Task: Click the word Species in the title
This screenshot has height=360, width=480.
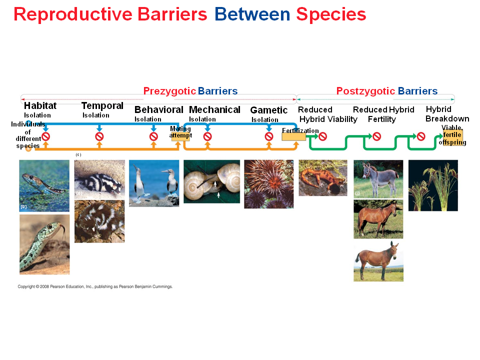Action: (x=330, y=14)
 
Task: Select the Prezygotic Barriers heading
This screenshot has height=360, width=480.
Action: (x=190, y=91)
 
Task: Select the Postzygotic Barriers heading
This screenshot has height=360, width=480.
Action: (x=386, y=91)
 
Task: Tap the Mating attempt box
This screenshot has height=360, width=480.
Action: (x=180, y=133)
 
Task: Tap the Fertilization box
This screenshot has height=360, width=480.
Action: (x=294, y=133)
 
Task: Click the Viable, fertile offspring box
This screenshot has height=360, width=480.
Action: (x=452, y=137)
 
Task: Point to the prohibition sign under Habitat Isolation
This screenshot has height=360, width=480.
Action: (x=45, y=136)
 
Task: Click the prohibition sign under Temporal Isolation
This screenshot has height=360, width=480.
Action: (x=99, y=136)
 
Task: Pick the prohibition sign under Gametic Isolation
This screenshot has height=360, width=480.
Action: (x=269, y=136)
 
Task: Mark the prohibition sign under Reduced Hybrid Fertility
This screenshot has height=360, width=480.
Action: (x=376, y=136)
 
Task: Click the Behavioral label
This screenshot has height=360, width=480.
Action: (x=158, y=110)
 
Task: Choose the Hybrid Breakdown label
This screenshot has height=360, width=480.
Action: (x=447, y=114)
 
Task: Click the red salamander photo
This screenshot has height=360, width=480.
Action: (x=322, y=177)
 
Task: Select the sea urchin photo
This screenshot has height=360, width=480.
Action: (x=268, y=183)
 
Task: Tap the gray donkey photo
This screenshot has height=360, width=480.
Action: (x=378, y=178)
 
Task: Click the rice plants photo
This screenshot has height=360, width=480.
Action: (x=432, y=185)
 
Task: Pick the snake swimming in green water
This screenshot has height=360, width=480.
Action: (x=44, y=185)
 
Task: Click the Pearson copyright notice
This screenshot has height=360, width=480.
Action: (x=95, y=286)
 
